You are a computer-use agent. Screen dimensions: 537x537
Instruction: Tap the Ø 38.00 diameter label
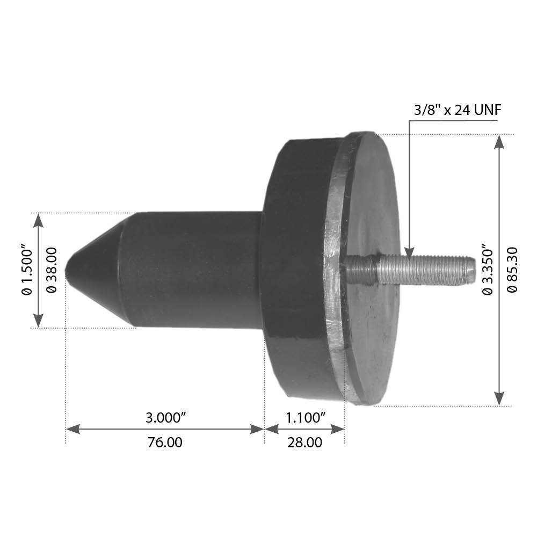coord(52,270)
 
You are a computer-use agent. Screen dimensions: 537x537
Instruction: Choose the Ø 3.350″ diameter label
coord(487,270)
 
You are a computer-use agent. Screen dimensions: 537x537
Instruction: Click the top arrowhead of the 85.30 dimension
coord(499,141)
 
